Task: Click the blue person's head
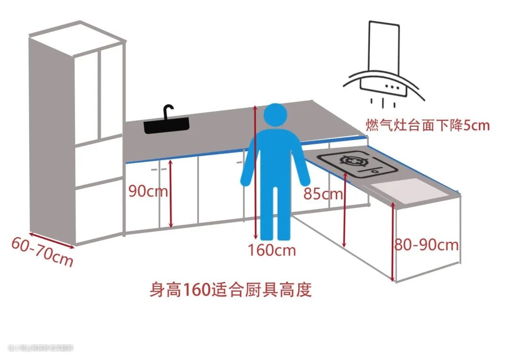275,116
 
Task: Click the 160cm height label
272,250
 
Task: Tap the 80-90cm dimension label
427,245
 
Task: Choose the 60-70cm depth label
41,251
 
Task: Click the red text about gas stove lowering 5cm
428,126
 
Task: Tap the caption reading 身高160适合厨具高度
230,289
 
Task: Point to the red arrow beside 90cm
171,193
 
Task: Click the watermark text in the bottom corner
41,348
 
